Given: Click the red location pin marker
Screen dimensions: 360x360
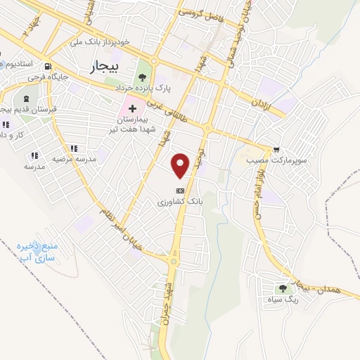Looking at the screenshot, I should [181, 165].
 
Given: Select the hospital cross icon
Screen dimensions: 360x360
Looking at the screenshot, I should [131, 109].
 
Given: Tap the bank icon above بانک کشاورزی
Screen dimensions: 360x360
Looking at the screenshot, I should [181, 190].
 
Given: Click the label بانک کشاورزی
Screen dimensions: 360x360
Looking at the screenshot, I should [181, 201].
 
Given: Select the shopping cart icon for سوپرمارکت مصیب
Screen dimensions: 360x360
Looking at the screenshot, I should [276, 149].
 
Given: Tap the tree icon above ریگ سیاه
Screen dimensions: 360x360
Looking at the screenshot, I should [283, 288].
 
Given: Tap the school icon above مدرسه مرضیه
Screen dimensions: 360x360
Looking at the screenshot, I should [73, 148].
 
